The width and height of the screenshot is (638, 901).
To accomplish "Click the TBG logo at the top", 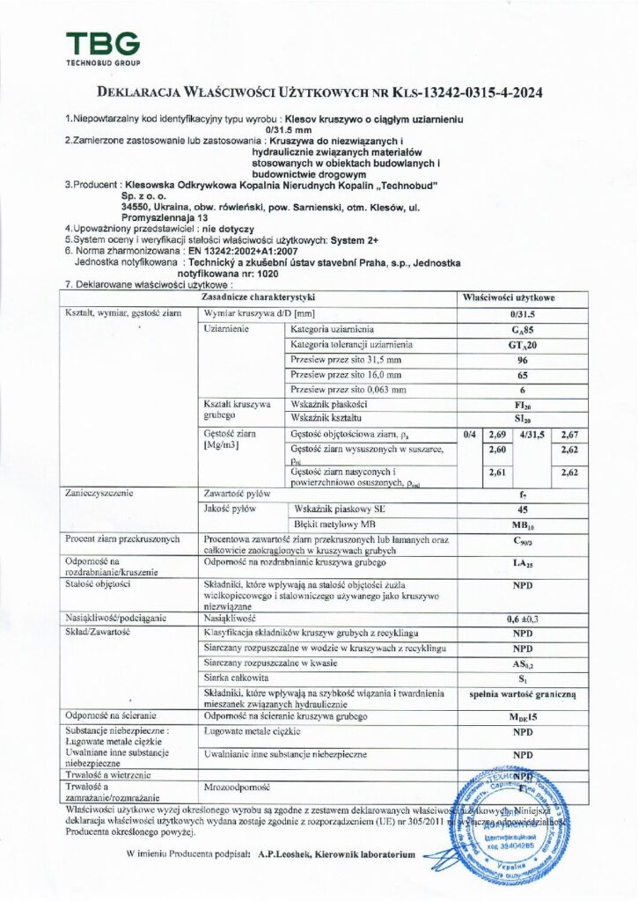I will [x=102, y=48].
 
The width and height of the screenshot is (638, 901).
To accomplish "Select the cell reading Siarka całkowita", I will [x=236, y=678].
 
